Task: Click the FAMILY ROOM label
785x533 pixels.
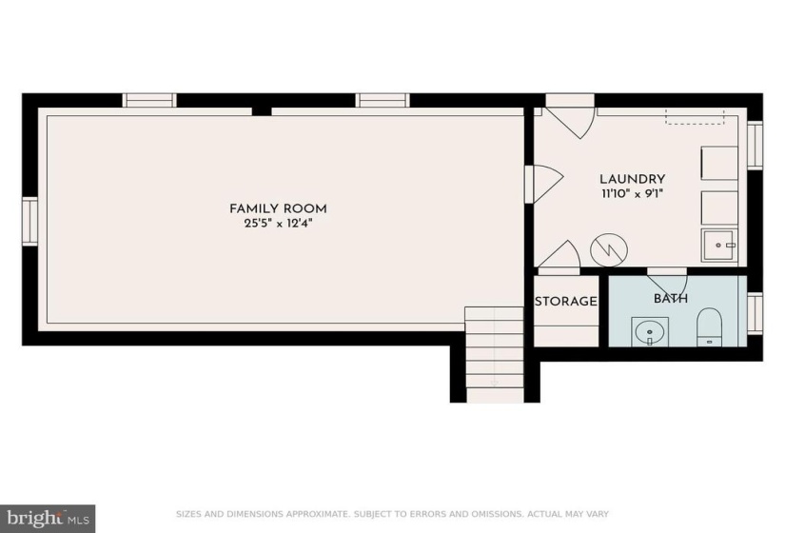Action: coord(278,208)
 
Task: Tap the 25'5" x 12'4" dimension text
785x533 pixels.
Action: coord(278,224)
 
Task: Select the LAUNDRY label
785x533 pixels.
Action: coord(633,179)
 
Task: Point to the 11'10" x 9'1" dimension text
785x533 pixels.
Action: coord(633,194)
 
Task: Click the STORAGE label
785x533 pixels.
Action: coord(566,301)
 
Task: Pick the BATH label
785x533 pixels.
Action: coord(671,299)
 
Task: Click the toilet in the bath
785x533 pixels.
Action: coord(710,326)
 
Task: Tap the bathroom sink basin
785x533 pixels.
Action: coord(650,331)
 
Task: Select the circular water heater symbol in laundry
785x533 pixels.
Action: coord(609,249)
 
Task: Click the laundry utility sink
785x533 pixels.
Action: coord(719,245)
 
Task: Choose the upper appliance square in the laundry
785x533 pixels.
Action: coord(719,164)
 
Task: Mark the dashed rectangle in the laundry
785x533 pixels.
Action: coord(695,116)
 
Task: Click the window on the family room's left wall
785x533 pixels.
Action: coord(30,221)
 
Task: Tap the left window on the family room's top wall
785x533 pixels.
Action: coord(149,100)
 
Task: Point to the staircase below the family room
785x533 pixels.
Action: coord(495,355)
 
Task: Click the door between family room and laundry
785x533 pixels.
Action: coord(543,184)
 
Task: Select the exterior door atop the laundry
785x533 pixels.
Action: coord(570,116)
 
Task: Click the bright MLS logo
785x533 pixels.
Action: coord(49,517)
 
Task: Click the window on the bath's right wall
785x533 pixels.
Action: coord(755,312)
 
